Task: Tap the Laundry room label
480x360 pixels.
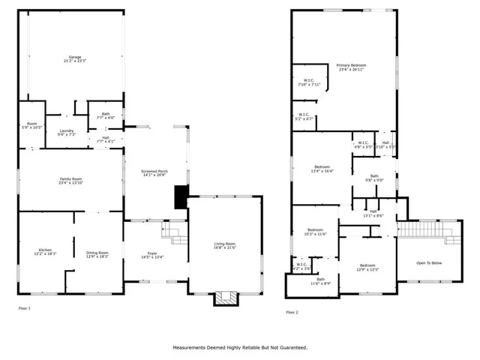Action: point(67,133)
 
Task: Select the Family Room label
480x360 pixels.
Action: point(71,181)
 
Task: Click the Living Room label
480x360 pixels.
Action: point(225,245)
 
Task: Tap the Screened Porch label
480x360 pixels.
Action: point(154,173)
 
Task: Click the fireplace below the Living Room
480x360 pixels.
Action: point(225,298)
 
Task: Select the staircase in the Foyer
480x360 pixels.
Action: point(176,234)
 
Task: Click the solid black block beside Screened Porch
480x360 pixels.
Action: point(181,196)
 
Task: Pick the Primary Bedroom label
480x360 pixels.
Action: point(351,67)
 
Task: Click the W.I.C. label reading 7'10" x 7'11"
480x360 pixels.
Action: point(309,82)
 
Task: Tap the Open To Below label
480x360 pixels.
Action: point(428,263)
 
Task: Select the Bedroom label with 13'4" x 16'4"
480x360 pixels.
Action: point(322,168)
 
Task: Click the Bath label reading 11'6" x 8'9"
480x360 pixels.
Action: point(320,281)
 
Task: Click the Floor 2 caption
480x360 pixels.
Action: point(292,312)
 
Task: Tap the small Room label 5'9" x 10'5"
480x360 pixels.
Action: point(31,125)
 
